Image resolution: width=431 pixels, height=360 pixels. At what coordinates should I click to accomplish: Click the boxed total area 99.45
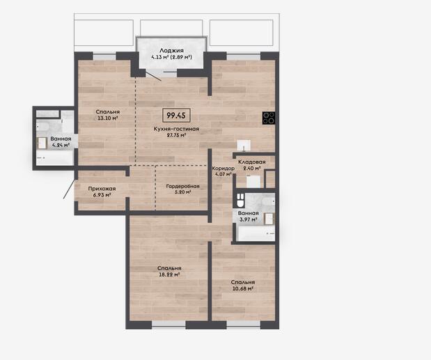coord(176,116)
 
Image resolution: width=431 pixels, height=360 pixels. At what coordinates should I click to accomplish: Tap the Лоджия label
coord(171,51)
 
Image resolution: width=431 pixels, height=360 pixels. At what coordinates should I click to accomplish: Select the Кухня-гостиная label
coord(176,129)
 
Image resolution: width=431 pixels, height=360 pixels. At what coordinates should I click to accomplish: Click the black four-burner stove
coord(269,118)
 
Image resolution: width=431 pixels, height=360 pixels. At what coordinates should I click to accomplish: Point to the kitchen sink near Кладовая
coord(244,146)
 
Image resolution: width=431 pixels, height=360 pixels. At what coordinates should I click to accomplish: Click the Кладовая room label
coord(252,162)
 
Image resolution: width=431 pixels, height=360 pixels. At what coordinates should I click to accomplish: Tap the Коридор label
coord(224,169)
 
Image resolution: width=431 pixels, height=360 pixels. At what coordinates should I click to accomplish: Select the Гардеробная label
coord(183,187)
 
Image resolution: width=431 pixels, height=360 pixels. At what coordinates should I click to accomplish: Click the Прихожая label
coord(102,189)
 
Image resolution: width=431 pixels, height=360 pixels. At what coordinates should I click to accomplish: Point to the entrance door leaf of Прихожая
coord(69,189)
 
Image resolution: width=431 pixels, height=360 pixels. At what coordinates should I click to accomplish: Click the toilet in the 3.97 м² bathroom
coord(240,200)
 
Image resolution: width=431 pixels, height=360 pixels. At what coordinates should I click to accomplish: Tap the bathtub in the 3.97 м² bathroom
coord(256,233)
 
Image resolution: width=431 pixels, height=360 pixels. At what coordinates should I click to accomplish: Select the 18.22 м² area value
coord(169,274)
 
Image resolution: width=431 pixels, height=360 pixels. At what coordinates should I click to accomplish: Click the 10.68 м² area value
coord(242,288)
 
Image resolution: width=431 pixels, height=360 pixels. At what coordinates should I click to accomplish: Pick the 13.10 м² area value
coord(108,118)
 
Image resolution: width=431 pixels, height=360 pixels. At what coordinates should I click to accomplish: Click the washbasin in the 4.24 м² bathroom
coord(42,143)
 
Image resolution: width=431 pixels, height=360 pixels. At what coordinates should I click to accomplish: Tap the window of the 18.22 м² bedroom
coord(169,324)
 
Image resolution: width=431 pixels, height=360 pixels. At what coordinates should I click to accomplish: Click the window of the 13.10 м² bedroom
coord(104,56)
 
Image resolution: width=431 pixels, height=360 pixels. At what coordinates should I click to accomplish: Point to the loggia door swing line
coord(153,76)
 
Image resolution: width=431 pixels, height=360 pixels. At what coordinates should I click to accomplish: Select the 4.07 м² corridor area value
coord(224,174)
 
